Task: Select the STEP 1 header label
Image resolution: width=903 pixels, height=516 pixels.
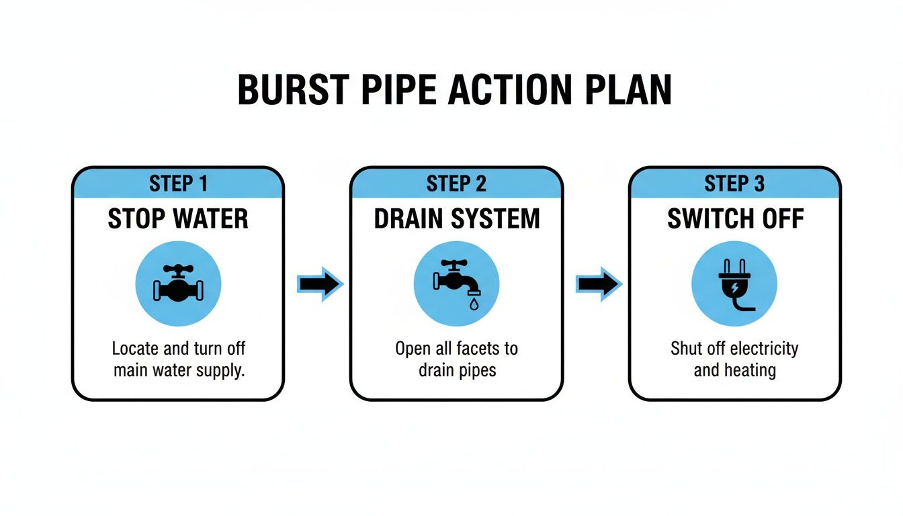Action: click(x=178, y=183)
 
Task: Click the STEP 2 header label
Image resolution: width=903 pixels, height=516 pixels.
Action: click(x=456, y=183)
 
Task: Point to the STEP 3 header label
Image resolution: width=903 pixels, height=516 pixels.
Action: click(x=734, y=183)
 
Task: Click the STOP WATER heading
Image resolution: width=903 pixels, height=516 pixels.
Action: click(x=178, y=220)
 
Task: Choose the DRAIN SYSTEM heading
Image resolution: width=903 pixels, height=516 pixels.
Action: click(x=456, y=220)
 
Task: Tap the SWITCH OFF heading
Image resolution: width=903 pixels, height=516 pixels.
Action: click(x=734, y=220)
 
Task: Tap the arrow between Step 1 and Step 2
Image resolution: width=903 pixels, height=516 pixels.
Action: click(x=319, y=284)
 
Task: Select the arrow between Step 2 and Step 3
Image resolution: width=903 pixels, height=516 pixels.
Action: click(x=598, y=284)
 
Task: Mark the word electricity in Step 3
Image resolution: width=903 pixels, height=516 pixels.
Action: click(x=763, y=349)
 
